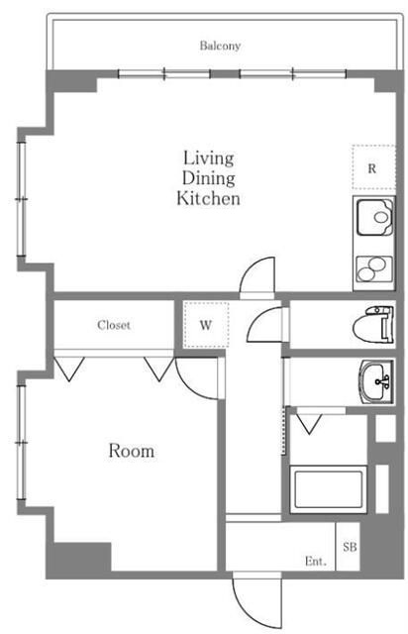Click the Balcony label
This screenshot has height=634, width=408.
tap(220, 46)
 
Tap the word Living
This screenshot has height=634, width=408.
tap(209, 158)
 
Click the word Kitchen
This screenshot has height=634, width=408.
tap(208, 198)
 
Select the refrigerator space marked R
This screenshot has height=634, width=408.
tap(373, 167)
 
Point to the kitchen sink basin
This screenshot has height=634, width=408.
tap(375, 217)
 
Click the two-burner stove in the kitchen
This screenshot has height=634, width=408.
tap(374, 269)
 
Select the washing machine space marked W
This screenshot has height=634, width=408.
tap(206, 325)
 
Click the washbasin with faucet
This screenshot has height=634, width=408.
tap(376, 381)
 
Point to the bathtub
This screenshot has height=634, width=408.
tap(328, 489)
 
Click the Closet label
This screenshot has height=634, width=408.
tap(114, 325)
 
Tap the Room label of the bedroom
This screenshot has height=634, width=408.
tap(132, 451)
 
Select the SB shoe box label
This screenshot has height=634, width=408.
tap(351, 547)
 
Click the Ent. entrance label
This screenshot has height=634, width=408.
tap(315, 562)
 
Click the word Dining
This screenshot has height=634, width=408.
tap(209, 178)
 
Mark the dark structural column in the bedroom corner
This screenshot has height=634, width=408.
tap(82, 557)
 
